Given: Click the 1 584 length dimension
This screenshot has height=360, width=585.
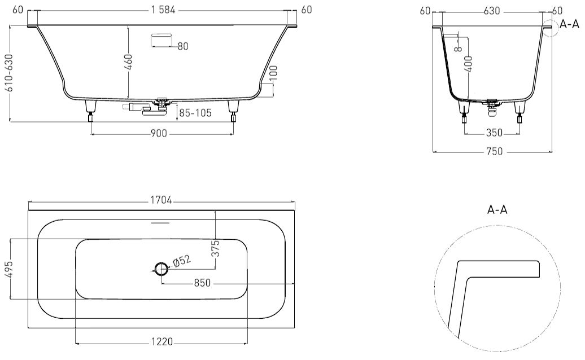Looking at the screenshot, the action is pyautogui.click(x=163, y=10).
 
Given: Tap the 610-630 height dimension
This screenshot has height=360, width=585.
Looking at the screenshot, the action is pyautogui.click(x=8, y=73).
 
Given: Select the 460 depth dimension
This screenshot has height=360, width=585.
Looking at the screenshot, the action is pyautogui.click(x=128, y=62).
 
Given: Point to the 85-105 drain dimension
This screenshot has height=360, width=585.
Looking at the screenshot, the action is pyautogui.click(x=195, y=112).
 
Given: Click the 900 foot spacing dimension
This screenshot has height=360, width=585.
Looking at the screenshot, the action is pyautogui.click(x=159, y=133).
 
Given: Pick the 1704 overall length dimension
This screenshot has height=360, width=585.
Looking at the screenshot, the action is pyautogui.click(x=161, y=200).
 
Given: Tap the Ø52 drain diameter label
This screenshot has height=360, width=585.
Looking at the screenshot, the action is pyautogui.click(x=182, y=261).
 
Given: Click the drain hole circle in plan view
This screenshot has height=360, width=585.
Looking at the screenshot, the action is pyautogui.click(x=161, y=267).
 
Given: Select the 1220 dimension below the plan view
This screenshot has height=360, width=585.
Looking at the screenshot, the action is pyautogui.click(x=161, y=341).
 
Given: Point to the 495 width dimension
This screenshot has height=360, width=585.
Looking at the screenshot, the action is pyautogui.click(x=8, y=269).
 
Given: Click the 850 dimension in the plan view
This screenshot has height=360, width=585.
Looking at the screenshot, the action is pyautogui.click(x=202, y=283).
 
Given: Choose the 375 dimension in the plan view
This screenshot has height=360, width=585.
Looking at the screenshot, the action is pyautogui.click(x=215, y=249).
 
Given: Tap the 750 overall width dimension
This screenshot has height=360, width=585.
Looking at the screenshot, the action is pyautogui.click(x=494, y=151).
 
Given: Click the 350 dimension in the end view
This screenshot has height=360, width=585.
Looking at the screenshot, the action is pyautogui.click(x=494, y=132).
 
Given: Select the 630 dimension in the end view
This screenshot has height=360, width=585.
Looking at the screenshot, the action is pyautogui.click(x=492, y=11).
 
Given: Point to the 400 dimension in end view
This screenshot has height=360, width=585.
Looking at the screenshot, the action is pyautogui.click(x=469, y=64).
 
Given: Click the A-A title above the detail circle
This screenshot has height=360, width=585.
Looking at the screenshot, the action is pyautogui.click(x=497, y=209).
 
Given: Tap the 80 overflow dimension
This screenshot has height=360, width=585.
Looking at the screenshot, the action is pyautogui.click(x=183, y=46).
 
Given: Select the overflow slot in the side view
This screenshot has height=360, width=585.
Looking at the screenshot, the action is pyautogui.click(x=161, y=40).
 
